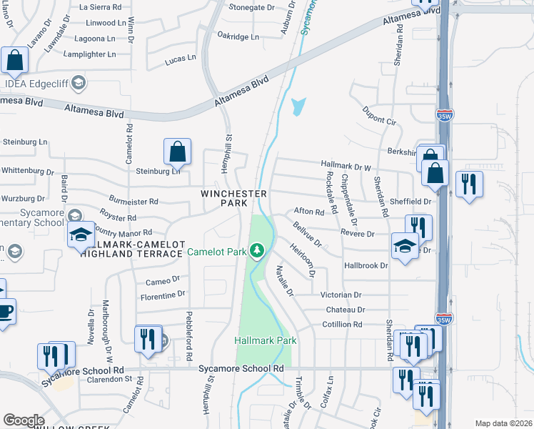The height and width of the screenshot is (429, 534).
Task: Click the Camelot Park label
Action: coord(216,252)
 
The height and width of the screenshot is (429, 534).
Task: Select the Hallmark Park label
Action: coord(266,341)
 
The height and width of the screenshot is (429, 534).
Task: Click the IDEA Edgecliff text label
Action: coord(35,84)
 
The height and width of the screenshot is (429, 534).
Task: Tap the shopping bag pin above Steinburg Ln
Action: coord(177,152)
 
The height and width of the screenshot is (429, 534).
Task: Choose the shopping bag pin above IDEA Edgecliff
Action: coord(15,61)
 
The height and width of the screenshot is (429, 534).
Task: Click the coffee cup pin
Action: coord(4,312)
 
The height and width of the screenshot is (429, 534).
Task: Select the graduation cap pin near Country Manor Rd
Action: coord(81,235)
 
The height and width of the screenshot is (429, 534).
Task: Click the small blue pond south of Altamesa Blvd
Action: coord(297,107)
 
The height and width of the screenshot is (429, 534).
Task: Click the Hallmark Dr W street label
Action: coord(346,166)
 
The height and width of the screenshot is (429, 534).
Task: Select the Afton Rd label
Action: coord(309,212)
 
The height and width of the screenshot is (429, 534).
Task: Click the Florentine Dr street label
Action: coord(163,295)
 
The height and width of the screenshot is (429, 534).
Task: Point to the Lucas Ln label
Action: coord(180,59)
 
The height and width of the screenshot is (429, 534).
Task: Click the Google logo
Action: coord(24,420)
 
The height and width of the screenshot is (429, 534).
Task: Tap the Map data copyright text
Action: coord(503,423)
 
